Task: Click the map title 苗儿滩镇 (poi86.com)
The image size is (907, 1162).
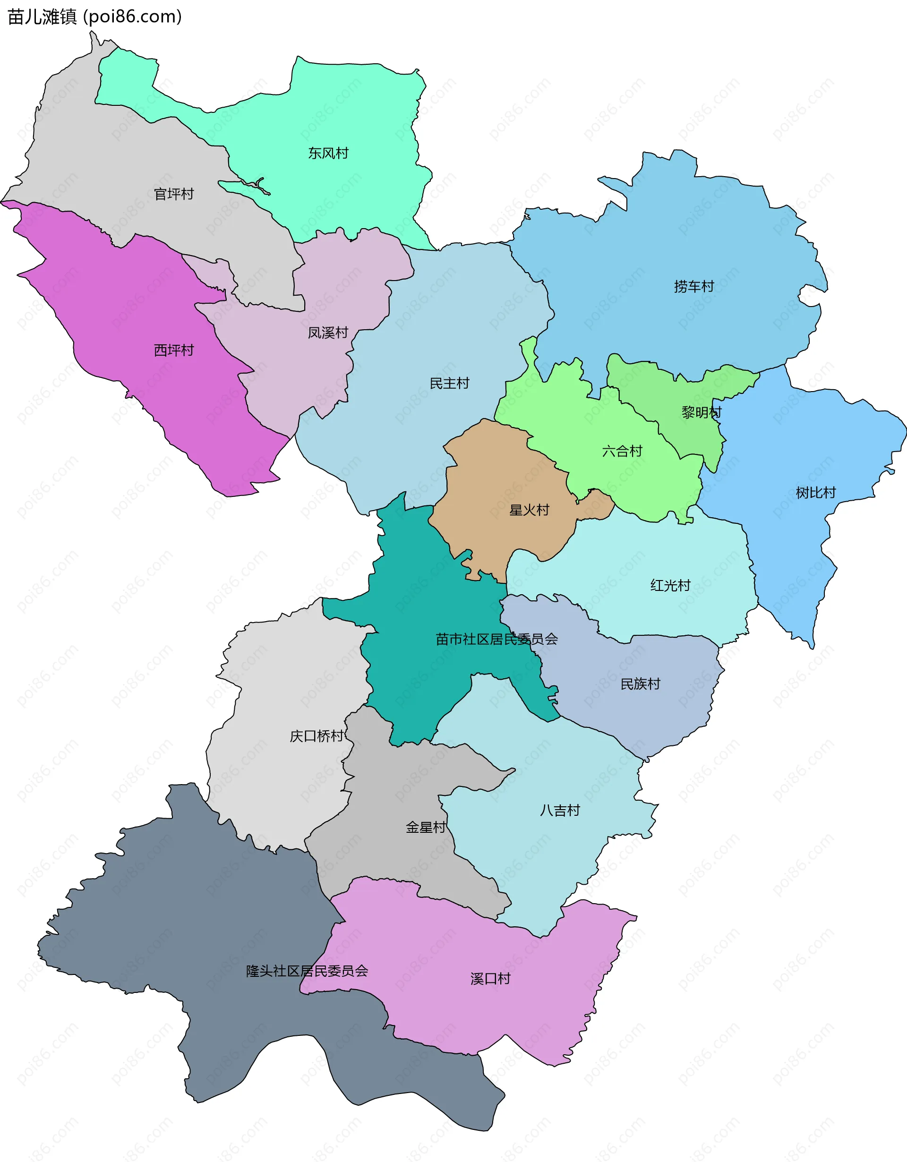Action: click(x=94, y=17)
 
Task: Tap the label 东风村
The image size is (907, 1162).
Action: click(x=328, y=153)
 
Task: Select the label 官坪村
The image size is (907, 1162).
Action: click(x=174, y=194)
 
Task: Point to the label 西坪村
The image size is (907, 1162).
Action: click(x=174, y=350)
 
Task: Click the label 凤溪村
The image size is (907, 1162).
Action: click(x=328, y=333)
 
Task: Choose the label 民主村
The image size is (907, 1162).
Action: click(x=450, y=383)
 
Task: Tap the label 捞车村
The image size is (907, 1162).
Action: click(x=693, y=286)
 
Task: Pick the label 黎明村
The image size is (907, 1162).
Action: click(x=702, y=412)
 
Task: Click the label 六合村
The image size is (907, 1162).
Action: click(x=622, y=451)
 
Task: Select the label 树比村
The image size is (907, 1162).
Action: click(x=815, y=493)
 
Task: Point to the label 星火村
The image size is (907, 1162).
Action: click(x=529, y=510)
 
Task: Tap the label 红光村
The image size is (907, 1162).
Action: click(x=670, y=585)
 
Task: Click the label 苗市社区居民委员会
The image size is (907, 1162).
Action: click(x=496, y=639)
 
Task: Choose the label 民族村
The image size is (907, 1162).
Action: click(x=640, y=684)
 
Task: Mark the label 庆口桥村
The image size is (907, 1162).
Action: click(x=317, y=736)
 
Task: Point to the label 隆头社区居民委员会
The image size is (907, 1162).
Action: click(x=307, y=971)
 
